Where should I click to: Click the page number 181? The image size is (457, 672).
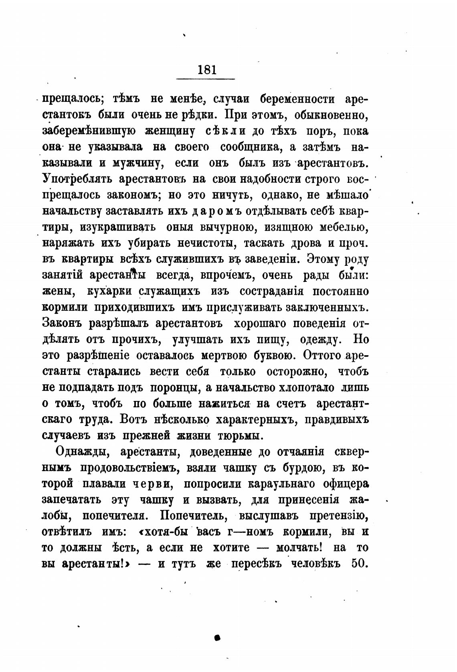pos(207,70)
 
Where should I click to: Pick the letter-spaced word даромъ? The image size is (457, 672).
pos(216,211)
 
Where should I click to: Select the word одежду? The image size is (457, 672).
pos(320,340)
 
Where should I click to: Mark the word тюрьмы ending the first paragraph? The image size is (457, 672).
pos(240,436)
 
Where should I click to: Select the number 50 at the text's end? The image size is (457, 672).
pos(359,563)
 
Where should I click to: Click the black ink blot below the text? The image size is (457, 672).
pos(218,637)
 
